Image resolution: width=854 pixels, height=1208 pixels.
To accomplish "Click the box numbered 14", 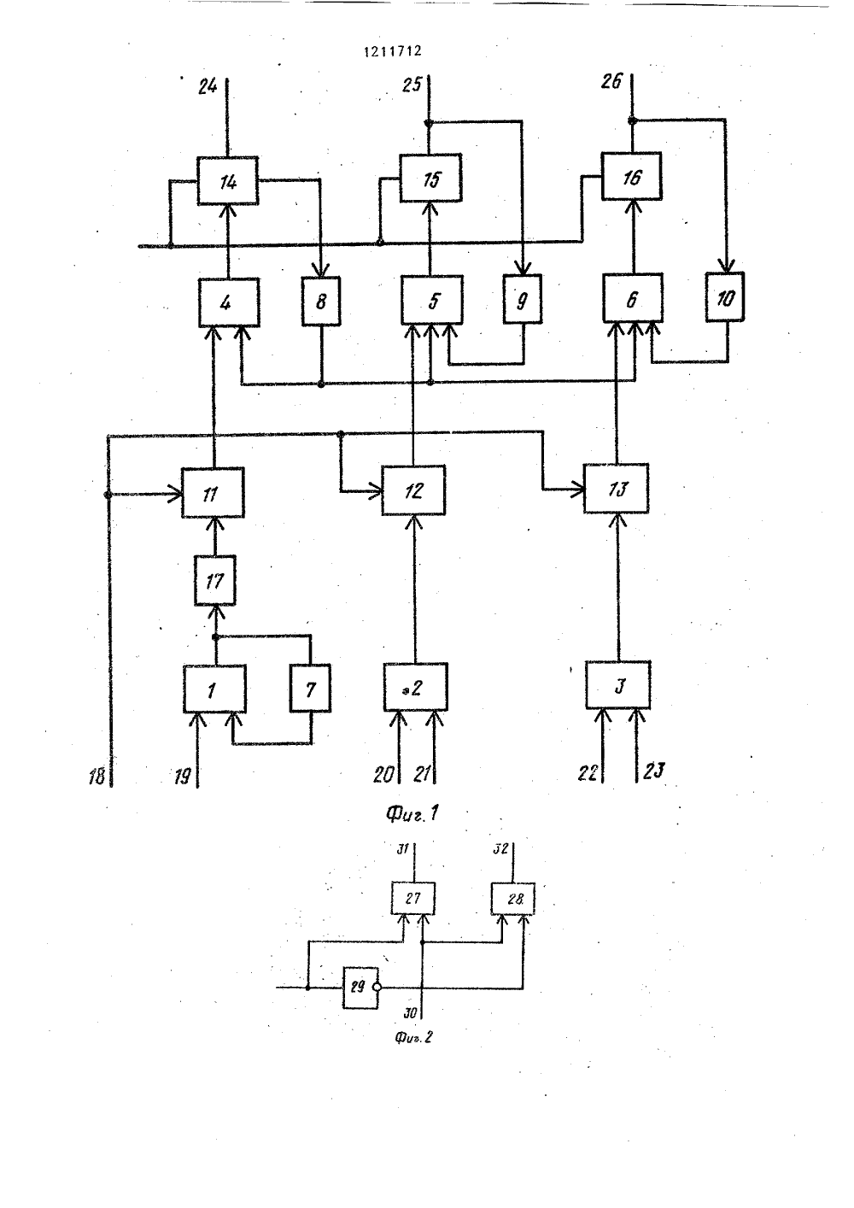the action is (227, 180).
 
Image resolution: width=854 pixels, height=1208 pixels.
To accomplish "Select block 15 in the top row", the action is (430, 178).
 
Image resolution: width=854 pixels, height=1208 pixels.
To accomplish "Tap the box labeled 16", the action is (632, 176).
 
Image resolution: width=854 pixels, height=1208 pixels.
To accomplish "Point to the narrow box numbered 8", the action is (321, 301).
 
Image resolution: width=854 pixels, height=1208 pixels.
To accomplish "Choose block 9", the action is (523, 299).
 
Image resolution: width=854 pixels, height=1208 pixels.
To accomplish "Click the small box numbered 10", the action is (725, 297).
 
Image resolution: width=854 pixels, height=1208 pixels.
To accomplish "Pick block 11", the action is (213, 492).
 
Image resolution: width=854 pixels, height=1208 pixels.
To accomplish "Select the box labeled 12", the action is (413, 490).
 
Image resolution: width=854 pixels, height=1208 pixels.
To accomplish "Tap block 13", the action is (617, 488).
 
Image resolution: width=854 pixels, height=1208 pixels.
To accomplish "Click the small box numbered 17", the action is (214, 580).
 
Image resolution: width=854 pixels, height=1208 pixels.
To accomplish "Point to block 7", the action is (310, 689).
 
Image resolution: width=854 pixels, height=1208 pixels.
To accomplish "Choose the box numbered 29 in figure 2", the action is (361, 988).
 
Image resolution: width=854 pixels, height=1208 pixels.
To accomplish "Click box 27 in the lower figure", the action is (413, 899).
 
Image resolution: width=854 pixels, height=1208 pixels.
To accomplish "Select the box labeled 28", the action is (512, 899).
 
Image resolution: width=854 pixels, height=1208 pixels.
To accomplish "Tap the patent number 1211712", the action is (393, 51).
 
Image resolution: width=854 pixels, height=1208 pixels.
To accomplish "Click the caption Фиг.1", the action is (412, 813).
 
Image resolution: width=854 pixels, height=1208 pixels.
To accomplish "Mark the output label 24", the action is (208, 85).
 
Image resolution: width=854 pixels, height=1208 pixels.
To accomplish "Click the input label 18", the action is (97, 777).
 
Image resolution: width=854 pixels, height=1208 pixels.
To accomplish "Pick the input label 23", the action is (653, 771).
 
